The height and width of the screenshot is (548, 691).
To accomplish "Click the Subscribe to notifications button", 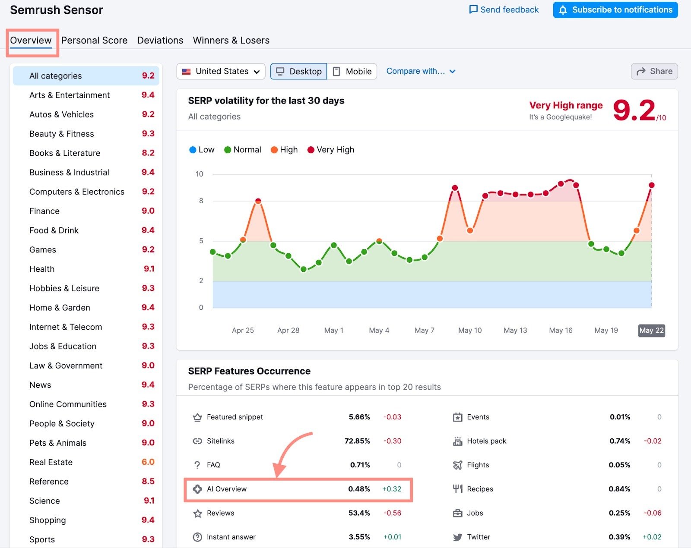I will click(615, 10).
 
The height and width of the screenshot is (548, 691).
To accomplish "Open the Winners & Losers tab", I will click(231, 41).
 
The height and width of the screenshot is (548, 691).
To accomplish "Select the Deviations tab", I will click(160, 41).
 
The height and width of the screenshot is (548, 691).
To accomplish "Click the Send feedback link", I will click(504, 10).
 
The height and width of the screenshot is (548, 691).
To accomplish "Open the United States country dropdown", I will click(221, 72).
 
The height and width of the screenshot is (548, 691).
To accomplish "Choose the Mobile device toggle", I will click(352, 72).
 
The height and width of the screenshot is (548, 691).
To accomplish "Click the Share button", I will click(654, 72).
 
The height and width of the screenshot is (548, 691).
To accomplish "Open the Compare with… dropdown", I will click(421, 71).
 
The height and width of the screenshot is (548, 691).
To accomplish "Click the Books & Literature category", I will click(65, 153).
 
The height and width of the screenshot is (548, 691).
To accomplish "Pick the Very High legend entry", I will click(331, 150).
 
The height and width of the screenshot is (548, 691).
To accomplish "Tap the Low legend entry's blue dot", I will click(193, 150).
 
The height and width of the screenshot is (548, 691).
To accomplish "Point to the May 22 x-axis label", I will click(651, 331).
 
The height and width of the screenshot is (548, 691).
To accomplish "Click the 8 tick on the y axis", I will click(201, 201).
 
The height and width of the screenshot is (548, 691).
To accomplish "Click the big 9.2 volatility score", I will click(634, 111).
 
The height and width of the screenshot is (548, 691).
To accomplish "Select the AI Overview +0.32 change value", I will click(392, 489).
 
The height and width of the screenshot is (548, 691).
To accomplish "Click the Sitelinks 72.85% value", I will click(357, 441).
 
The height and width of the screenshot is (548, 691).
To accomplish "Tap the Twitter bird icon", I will click(457, 537).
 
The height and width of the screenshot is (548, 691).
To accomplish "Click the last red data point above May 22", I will click(652, 185).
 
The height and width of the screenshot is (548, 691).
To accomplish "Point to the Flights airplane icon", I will click(457, 465).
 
